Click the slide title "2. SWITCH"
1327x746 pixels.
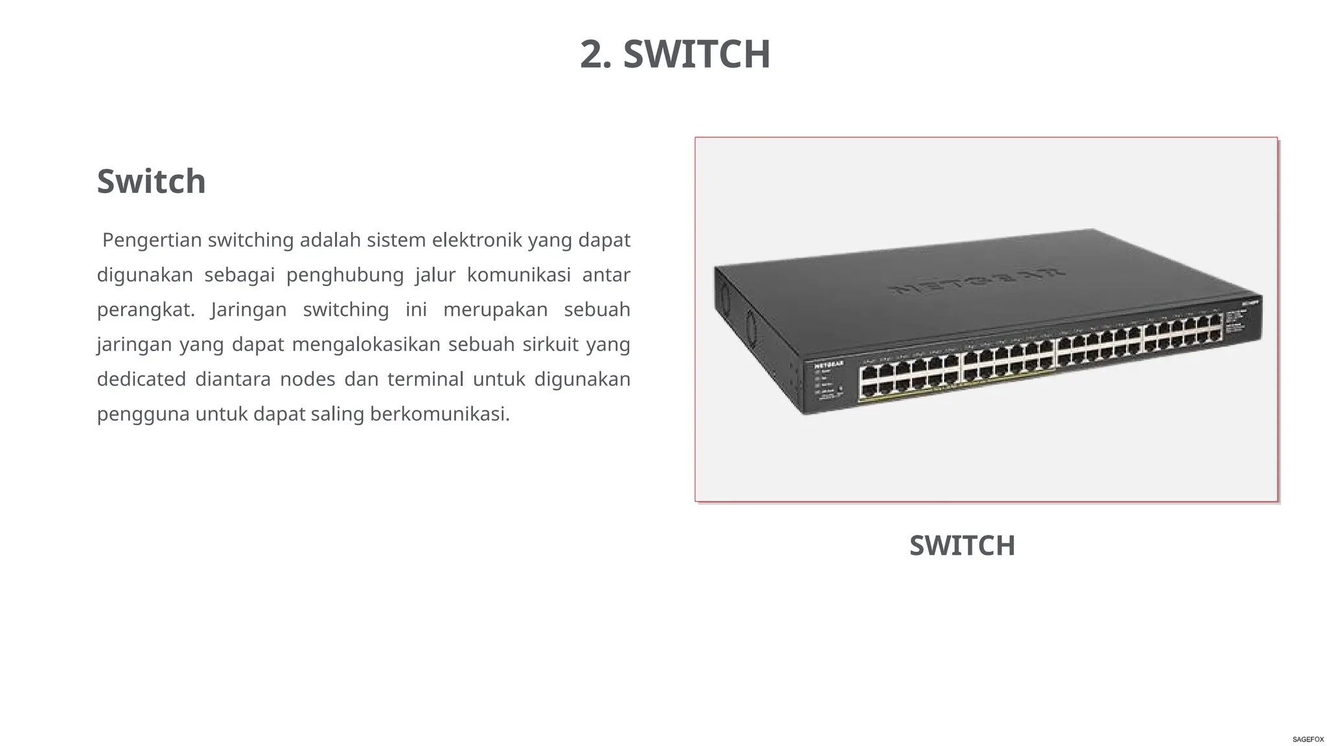(x=675, y=54)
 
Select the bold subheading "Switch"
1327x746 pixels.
(x=151, y=181)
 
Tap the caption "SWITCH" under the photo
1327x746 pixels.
(x=962, y=545)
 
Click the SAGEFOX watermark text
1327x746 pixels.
(x=1308, y=740)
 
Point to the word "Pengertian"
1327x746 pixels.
(x=152, y=240)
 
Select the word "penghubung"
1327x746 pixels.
(x=345, y=275)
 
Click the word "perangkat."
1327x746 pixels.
(x=146, y=310)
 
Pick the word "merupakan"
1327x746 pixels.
(x=495, y=310)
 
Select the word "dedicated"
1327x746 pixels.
(x=141, y=379)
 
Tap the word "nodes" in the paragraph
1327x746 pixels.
(x=307, y=379)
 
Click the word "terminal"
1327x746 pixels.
(x=425, y=379)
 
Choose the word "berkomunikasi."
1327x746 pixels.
(x=440, y=414)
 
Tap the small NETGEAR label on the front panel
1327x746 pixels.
(x=829, y=365)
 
